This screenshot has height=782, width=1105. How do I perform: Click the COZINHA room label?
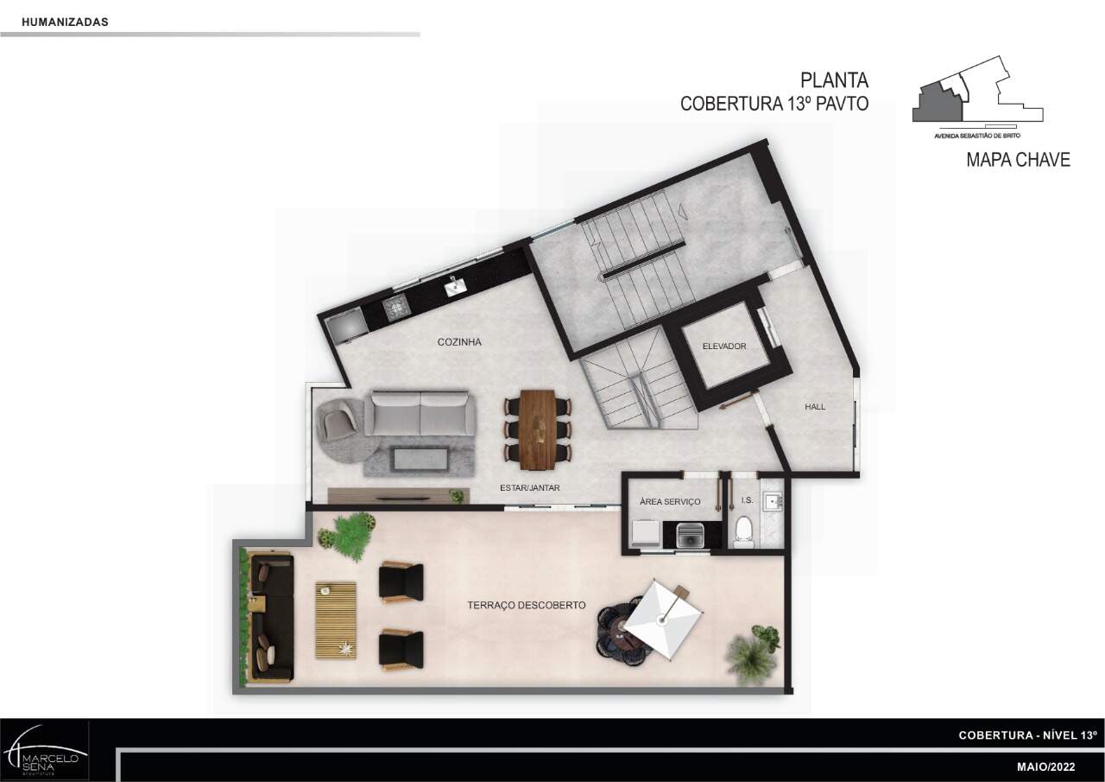459,342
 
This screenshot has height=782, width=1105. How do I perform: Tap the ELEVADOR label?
724,346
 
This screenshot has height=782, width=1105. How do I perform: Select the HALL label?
815,407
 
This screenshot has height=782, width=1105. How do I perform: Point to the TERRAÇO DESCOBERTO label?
527,605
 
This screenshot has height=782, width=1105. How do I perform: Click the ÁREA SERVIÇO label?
670,501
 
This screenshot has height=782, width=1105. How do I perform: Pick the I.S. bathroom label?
747,500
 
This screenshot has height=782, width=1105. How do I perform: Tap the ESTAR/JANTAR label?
530,487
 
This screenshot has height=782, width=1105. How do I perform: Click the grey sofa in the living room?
420,414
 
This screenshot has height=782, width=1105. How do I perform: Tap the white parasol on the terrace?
663,620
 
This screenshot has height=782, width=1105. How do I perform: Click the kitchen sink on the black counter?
454,286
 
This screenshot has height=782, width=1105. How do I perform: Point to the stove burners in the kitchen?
397,307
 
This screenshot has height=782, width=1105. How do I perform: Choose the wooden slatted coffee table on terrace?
336,620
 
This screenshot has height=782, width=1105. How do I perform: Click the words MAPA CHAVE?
1018,160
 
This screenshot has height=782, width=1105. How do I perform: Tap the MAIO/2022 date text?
1045,767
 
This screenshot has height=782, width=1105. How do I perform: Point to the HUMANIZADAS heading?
65,22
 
